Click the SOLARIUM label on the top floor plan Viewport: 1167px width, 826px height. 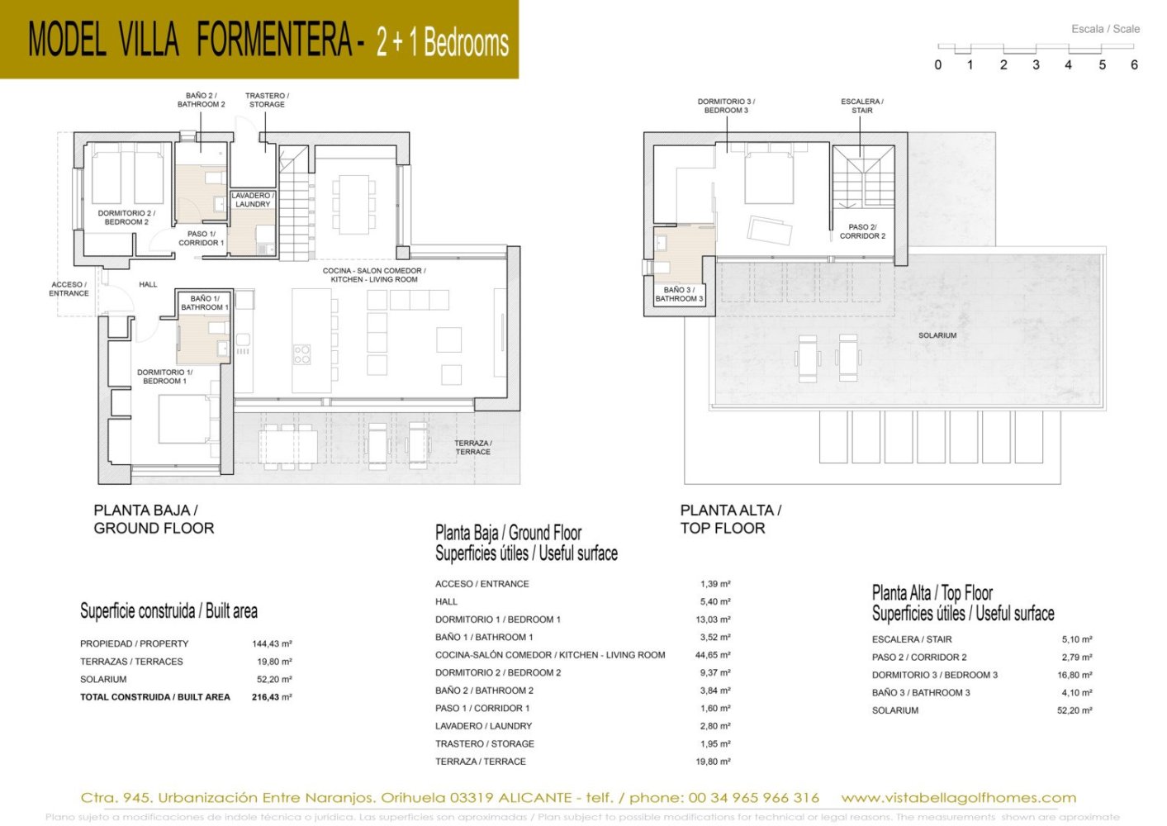click(x=937, y=335)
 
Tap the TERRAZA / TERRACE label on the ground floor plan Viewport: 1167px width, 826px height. click(x=472, y=448)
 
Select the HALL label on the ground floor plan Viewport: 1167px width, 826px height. click(x=148, y=284)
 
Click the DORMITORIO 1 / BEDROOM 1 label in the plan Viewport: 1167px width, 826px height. click(x=164, y=377)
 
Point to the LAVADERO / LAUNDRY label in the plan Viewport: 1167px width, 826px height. click(x=252, y=200)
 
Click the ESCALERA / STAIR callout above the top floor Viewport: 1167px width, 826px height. click(x=861, y=106)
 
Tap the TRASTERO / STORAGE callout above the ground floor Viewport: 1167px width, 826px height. click(x=267, y=100)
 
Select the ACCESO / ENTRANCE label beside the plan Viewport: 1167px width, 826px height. click(x=69, y=289)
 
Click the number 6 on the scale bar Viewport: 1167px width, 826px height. click(x=1134, y=65)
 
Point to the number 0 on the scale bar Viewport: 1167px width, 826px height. click(x=937, y=65)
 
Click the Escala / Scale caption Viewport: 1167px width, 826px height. click(x=1105, y=29)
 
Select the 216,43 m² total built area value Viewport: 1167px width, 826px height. click(x=272, y=697)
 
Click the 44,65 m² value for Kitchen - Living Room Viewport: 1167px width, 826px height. click(x=713, y=655)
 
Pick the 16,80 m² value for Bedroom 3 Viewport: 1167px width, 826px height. click(x=1074, y=675)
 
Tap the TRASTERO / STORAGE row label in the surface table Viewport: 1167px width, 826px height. click(x=484, y=744)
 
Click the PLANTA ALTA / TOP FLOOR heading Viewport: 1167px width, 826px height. click(x=730, y=520)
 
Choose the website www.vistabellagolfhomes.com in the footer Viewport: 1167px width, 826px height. click(x=958, y=798)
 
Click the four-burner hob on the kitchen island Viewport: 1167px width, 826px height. click(x=301, y=355)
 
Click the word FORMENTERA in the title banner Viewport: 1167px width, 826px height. click(x=274, y=40)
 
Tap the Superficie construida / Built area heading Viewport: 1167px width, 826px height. click(x=168, y=611)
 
